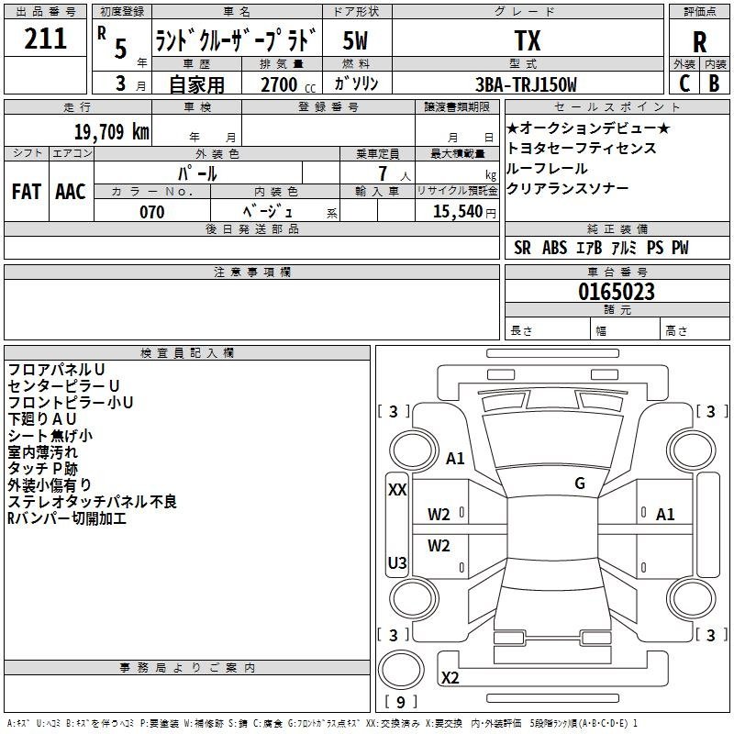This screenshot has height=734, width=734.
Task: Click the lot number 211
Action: point(45,39)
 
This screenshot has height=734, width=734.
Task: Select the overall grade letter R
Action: point(699,42)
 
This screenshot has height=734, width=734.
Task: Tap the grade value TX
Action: point(527,41)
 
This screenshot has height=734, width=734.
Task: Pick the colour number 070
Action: point(151,212)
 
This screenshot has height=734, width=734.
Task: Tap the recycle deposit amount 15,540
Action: point(456,211)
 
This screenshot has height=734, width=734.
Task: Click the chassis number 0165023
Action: point(616,293)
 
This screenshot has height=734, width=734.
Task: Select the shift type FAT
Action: point(26,192)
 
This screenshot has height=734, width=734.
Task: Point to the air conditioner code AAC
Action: point(70,192)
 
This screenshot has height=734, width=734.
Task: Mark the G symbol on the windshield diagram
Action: point(579,483)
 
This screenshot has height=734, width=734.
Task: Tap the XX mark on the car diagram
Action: point(397,490)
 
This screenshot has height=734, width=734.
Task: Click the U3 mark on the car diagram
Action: point(397,562)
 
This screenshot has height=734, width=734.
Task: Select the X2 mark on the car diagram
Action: point(450,678)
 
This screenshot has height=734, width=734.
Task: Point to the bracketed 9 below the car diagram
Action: point(401,702)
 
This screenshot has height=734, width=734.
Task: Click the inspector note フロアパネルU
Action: point(56,370)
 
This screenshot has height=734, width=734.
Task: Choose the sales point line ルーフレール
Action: point(547,168)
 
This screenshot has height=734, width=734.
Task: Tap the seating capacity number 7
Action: point(381,172)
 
